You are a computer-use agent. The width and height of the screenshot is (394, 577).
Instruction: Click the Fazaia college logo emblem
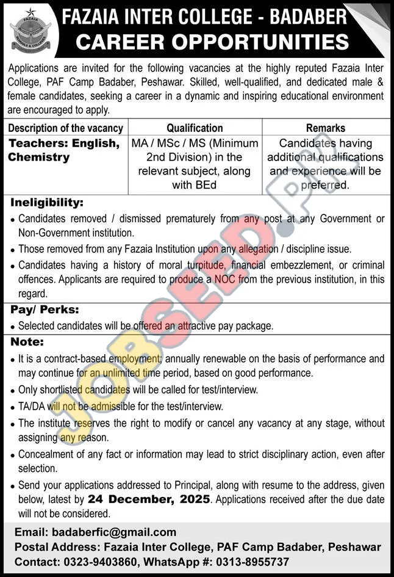(30, 31)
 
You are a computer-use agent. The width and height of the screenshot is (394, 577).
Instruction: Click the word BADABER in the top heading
(310, 16)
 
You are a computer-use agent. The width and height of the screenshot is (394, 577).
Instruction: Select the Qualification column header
(195, 128)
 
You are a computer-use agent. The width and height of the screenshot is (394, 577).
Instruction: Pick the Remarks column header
(326, 128)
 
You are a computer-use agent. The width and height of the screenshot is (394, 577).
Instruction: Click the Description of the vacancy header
(66, 128)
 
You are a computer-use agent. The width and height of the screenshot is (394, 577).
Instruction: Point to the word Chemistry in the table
(39, 158)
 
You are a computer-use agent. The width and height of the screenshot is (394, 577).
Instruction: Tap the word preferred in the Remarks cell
(326, 184)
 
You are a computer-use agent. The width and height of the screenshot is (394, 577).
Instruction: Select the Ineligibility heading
(46, 202)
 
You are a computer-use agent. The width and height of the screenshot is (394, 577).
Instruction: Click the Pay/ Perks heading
(45, 310)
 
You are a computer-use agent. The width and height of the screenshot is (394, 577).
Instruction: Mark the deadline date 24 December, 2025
(149, 499)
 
